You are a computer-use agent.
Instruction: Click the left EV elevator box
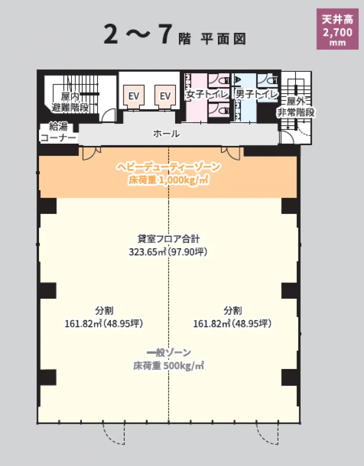[134, 96]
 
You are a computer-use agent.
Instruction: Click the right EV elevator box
[165, 96]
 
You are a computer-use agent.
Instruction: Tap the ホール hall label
[166, 134]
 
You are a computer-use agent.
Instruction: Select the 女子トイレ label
[207, 95]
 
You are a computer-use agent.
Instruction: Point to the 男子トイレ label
[256, 95]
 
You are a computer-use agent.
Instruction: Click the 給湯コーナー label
[58, 132]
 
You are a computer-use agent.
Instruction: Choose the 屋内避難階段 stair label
[70, 102]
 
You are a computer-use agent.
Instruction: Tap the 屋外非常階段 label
[296, 107]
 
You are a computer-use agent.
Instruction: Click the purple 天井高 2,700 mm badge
[337, 29]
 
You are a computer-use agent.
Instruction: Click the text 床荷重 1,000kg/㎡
[168, 180]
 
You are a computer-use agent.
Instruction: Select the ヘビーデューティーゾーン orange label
[168, 167]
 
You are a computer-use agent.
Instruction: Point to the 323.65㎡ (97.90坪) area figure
[168, 252]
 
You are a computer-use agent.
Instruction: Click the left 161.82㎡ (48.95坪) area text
[104, 323]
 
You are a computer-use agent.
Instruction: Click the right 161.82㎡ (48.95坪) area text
[232, 323]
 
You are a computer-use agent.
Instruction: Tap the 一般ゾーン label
[168, 352]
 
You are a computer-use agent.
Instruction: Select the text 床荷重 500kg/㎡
[168, 366]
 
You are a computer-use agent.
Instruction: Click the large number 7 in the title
[165, 34]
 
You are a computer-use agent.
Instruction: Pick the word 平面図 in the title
[223, 39]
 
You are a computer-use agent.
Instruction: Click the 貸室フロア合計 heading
[168, 239]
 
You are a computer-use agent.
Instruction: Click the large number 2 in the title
[111, 34]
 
